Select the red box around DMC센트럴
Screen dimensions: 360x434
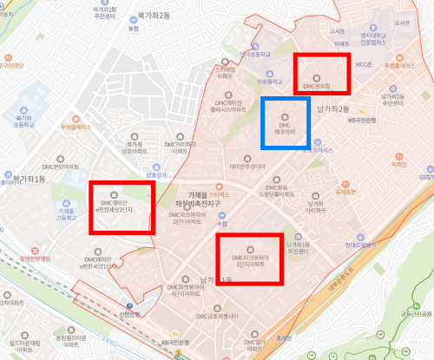coord(321,74)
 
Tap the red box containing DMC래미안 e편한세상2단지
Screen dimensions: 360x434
coord(122,206)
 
